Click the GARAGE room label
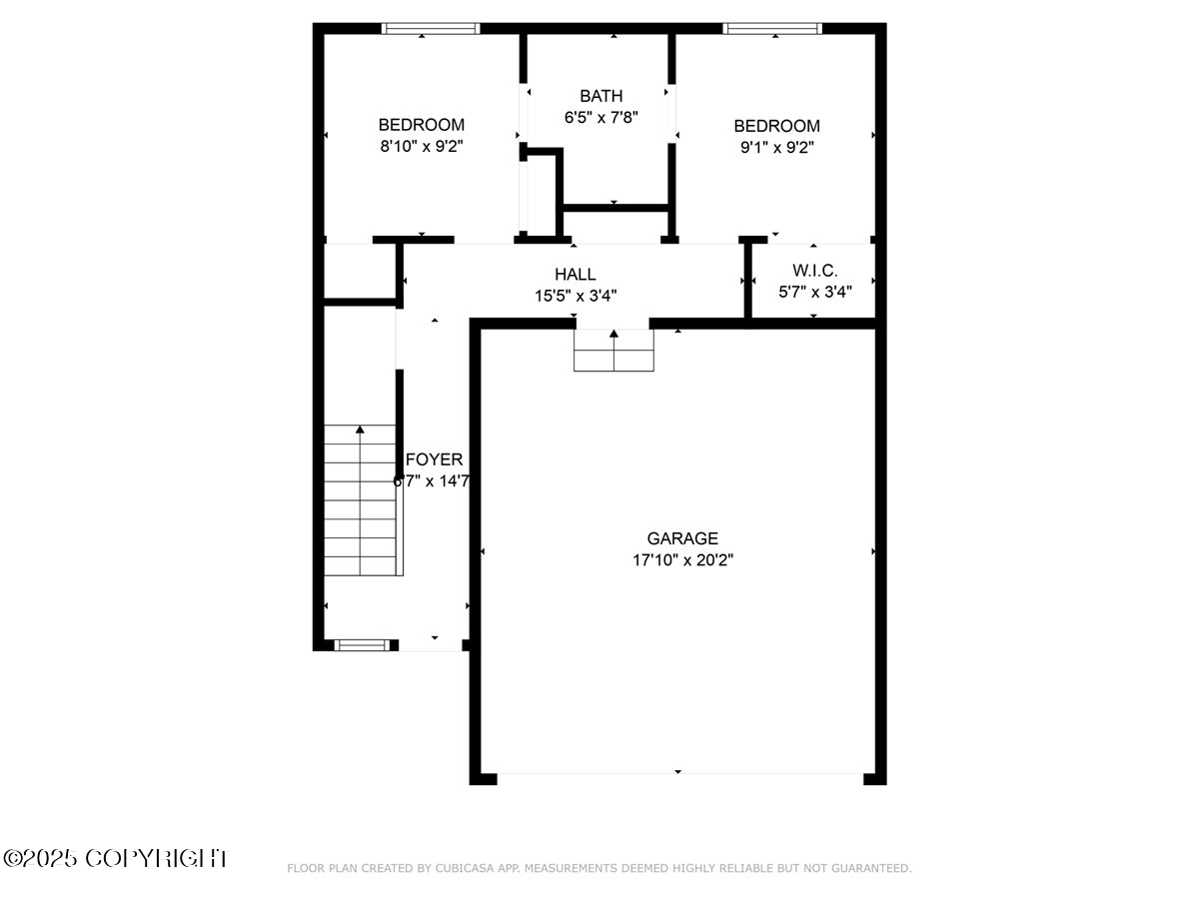point(681,538)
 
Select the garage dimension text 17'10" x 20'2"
point(681,560)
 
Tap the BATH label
point(600,96)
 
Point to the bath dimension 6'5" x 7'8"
point(600,117)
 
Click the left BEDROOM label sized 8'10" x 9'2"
point(421,125)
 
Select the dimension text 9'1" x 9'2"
point(776,147)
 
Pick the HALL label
point(575,274)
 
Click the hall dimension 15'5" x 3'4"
point(575,296)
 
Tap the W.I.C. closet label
point(814,271)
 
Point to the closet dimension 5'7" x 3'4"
point(814,293)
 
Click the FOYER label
point(435,459)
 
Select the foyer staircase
point(362,499)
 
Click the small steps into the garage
point(613,351)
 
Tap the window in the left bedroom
point(431,29)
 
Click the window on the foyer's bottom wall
point(361,645)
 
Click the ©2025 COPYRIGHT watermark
point(115,858)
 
